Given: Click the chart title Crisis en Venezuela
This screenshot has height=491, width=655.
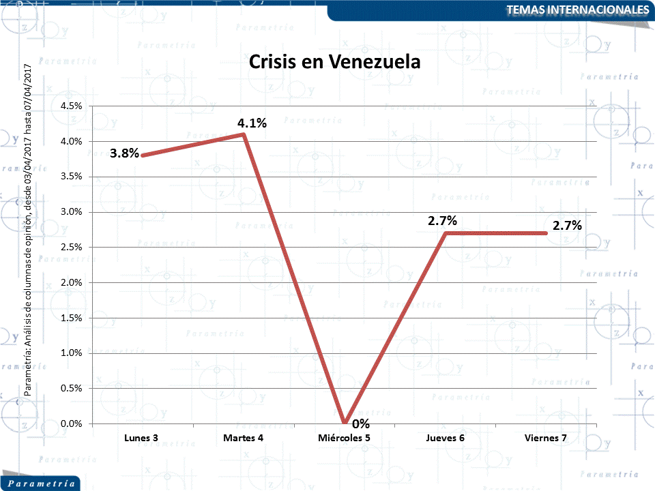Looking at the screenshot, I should click(x=334, y=62).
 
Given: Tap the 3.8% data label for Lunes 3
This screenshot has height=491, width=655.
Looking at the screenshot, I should click(x=124, y=153).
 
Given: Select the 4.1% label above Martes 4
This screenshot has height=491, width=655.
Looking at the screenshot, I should click(x=252, y=123).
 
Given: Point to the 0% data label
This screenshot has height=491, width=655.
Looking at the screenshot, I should click(x=361, y=424).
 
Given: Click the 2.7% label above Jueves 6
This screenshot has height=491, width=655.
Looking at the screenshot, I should click(x=442, y=221).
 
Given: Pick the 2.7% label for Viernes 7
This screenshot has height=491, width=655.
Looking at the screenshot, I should click(x=567, y=226).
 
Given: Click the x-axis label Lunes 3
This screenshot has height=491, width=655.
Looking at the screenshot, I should click(x=141, y=438).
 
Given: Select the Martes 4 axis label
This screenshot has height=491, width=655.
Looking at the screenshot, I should click(x=243, y=438).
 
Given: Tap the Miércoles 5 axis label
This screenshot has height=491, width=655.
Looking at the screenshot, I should click(x=345, y=438).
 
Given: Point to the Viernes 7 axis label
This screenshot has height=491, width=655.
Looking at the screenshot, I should click(x=546, y=438).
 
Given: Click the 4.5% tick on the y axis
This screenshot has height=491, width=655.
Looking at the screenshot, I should click(x=71, y=106).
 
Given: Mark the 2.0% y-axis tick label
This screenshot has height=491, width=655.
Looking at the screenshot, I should click(x=71, y=282).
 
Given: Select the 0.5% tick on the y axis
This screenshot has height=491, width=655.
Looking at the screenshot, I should click(x=71, y=388).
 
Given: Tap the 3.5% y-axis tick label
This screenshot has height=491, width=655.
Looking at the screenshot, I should click(x=71, y=177).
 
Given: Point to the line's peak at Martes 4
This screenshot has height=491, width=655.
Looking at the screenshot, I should click(x=244, y=134).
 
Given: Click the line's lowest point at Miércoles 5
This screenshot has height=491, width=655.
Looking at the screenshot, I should click(x=345, y=423).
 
